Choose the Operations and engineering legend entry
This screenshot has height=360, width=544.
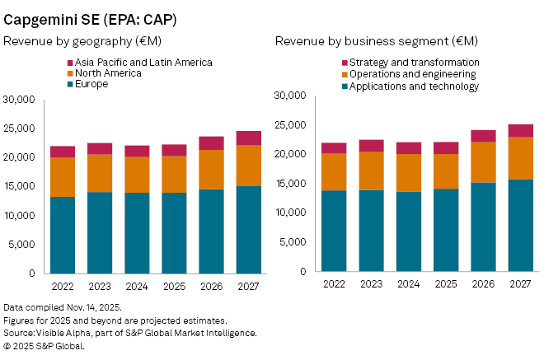pyautogui.click(x=413, y=74)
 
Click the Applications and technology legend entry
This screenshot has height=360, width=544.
pyautogui.click(x=413, y=86)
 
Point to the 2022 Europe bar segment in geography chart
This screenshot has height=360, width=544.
pyautogui.click(x=62, y=235)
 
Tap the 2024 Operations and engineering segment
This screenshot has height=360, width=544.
pyautogui.click(x=408, y=173)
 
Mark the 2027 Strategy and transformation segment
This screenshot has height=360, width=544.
pyautogui.click(x=520, y=130)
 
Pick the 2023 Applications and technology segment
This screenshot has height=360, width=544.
pyautogui.click(x=371, y=231)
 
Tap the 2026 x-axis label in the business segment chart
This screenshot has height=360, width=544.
pyautogui.click(x=483, y=283)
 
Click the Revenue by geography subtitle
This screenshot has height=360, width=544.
pyautogui.click(x=79, y=40)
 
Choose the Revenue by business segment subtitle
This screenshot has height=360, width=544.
pyautogui.click(x=377, y=40)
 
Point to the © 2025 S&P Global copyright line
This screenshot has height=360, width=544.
pyautogui.click(x=45, y=346)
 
